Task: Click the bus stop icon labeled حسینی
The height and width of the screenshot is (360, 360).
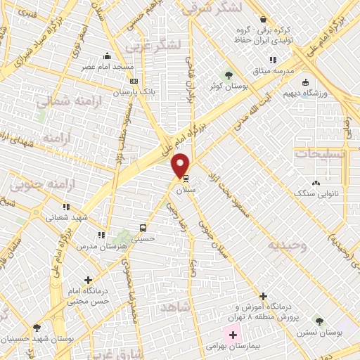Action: click(143, 228)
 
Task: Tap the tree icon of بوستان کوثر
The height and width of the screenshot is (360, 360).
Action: click(228, 75)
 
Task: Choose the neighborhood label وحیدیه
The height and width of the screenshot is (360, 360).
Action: click(287, 245)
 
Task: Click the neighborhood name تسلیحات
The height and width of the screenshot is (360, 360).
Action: click(319, 153)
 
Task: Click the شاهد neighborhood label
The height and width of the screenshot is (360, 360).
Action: click(176, 309)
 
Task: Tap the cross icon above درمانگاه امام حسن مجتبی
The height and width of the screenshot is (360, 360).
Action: click(88, 281)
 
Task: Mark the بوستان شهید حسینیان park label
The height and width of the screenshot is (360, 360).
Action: click(37, 338)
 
